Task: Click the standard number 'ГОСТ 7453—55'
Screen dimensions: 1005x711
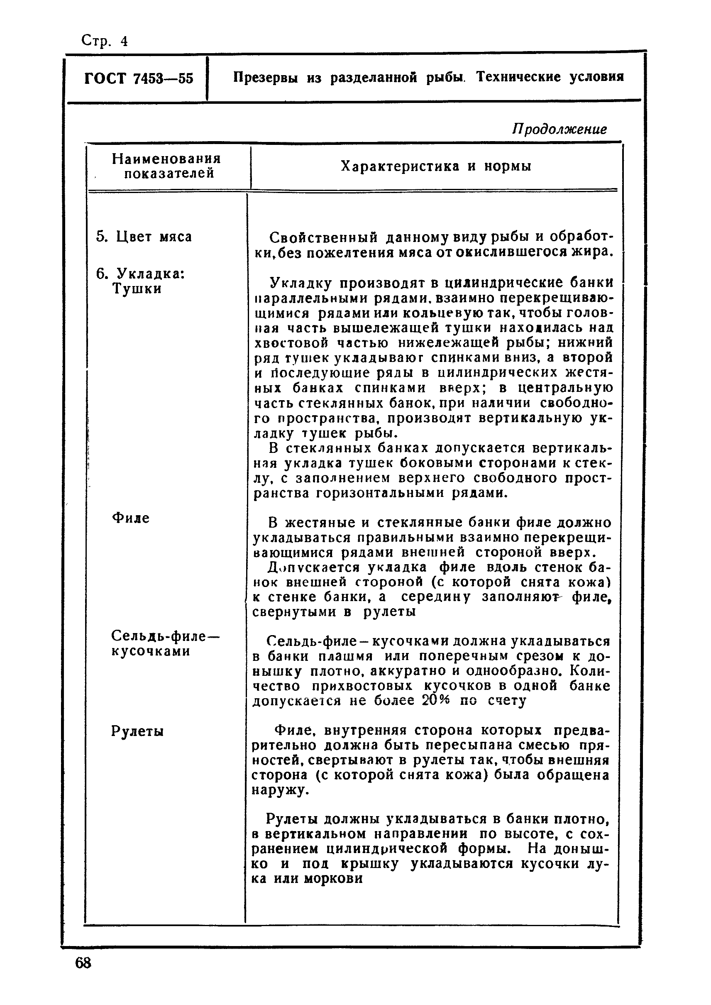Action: coord(138,78)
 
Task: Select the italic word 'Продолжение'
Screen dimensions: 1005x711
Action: coord(559,129)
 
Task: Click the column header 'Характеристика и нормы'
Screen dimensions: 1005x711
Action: coord(436,166)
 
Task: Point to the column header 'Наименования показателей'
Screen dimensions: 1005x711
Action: coord(166,166)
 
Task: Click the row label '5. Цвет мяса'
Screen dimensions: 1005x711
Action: coord(144,237)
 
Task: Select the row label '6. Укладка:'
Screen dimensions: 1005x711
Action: coord(141,274)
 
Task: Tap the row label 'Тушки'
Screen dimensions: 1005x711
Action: coord(137,289)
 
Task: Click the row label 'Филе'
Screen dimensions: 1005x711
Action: coord(130,518)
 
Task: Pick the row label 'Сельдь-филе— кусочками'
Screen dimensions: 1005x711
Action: coord(165,643)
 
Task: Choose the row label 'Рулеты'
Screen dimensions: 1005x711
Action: coord(137,732)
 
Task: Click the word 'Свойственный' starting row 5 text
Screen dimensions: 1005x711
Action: coord(323,238)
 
